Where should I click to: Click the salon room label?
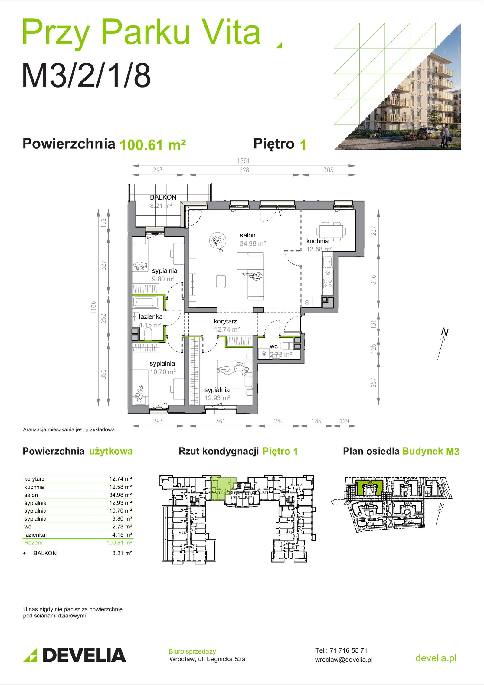tap(247, 235)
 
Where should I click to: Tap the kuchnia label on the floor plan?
tap(317, 241)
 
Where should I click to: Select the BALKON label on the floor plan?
tap(163, 197)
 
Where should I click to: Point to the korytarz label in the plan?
tap(225, 321)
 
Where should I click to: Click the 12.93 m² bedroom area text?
tap(217, 398)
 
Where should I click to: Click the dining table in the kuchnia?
tap(331, 232)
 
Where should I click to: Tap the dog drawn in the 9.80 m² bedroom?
tap(140, 266)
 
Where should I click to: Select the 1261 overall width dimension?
tap(243, 161)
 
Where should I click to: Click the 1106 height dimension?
tap(93, 307)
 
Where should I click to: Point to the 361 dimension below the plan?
tap(220, 421)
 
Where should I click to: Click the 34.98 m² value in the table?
tap(120, 495)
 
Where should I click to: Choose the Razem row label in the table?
tap(33, 543)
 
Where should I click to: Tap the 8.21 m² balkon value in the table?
tap(122, 553)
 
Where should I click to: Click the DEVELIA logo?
tap(74, 655)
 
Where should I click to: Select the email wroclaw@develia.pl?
tap(344, 660)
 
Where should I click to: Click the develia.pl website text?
tap(436, 658)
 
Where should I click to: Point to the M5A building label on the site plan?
tap(408, 504)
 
